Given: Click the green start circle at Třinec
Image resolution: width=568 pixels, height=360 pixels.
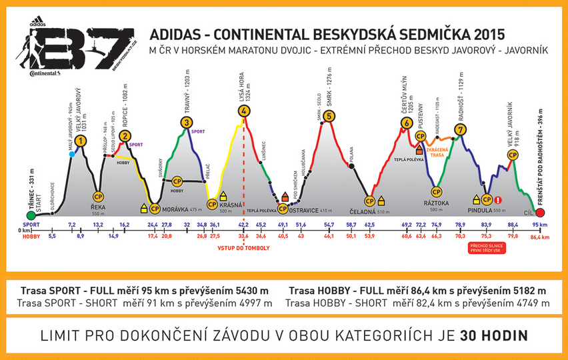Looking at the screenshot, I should tap(30, 215).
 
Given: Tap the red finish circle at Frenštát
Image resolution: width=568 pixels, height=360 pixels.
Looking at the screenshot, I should tap(540, 213).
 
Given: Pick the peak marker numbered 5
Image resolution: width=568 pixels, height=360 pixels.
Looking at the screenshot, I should tap(329, 116).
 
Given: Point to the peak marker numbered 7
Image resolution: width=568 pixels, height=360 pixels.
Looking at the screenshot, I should tap(461, 129).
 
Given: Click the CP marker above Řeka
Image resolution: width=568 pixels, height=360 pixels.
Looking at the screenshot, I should tap(98, 197).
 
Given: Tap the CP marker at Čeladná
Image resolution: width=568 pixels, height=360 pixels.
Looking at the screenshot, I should tap(369, 201).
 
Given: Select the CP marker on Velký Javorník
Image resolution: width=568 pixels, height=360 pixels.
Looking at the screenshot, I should tap(513, 155).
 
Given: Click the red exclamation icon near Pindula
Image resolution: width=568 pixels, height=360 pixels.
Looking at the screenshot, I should tap(498, 199).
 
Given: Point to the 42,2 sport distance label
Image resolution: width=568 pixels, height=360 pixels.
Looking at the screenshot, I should tap(243, 225).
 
